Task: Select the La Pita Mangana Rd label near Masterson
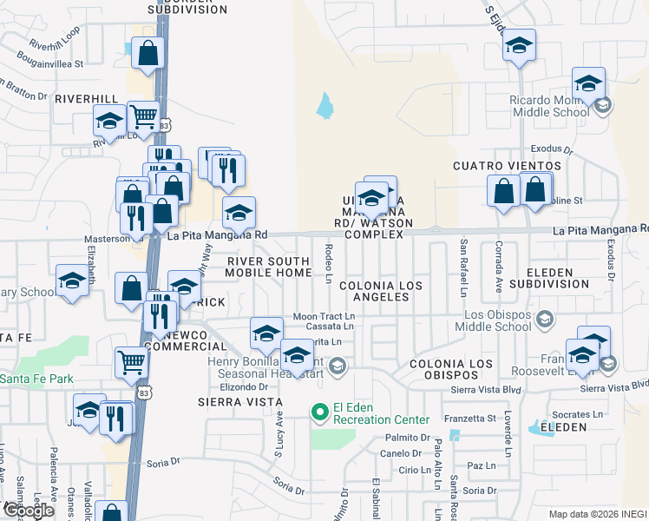coord(217,235)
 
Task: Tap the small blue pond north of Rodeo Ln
coord(325,106)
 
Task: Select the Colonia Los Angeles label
coord(374,291)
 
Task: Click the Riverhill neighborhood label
coord(85,99)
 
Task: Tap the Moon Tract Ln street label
coord(324,316)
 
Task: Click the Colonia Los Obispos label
coord(443,368)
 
